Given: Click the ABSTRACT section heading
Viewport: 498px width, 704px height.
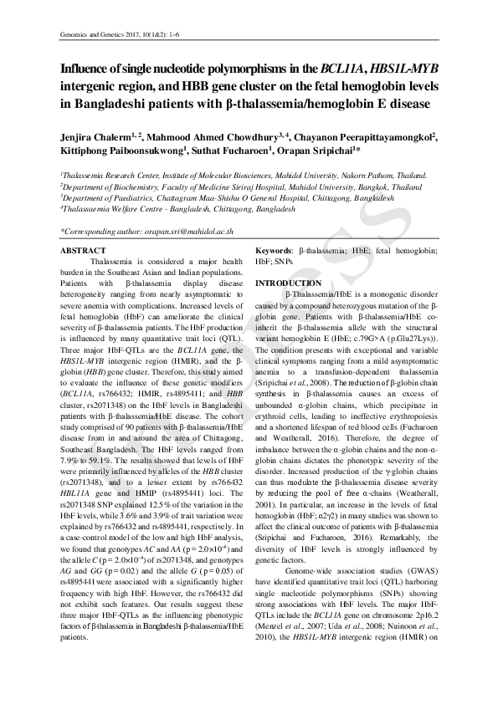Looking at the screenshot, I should point(84,251).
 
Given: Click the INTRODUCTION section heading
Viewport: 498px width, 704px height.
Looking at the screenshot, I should point(287,283).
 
